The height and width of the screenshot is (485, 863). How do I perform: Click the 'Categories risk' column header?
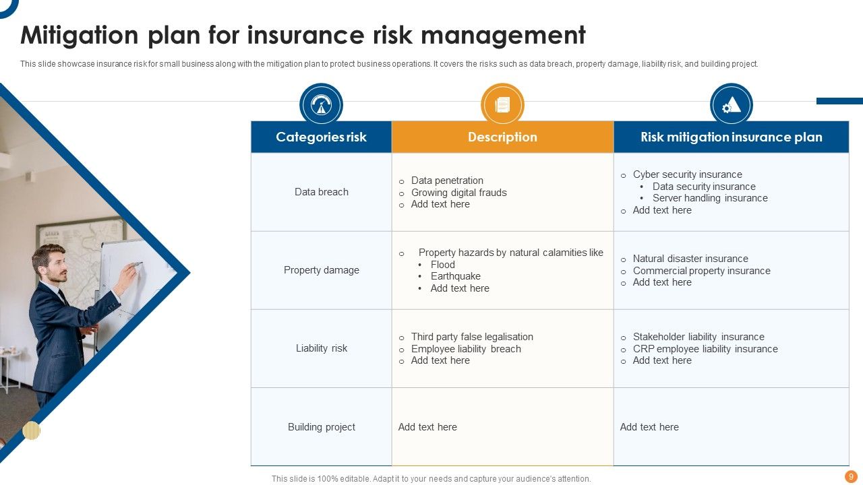[321, 137]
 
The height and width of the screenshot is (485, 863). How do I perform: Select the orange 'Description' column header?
[502, 137]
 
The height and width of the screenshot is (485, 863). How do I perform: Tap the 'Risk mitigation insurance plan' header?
[731, 137]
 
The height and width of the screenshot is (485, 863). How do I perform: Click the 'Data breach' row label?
[322, 192]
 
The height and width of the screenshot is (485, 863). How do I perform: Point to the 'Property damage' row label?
[322, 270]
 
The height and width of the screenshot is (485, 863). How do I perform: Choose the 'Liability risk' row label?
[322, 348]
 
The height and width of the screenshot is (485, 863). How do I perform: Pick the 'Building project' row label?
[322, 427]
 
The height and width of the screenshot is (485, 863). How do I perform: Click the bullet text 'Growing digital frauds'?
[458, 193]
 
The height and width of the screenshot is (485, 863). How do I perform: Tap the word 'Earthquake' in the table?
[455, 276]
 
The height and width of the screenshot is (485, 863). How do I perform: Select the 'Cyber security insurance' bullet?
[687, 174]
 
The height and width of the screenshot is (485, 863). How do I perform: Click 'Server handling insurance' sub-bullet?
[710, 198]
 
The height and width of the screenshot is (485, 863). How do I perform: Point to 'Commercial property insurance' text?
[701, 271]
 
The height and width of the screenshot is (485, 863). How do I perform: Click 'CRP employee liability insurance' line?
[705, 349]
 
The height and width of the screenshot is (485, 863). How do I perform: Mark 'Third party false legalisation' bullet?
[472, 337]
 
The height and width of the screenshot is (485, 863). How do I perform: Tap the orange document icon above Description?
[502, 105]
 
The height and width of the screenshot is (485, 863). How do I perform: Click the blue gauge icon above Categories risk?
[321, 105]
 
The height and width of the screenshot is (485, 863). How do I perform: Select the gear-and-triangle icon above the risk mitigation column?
[731, 105]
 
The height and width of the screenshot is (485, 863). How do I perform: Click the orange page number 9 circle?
[851, 476]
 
